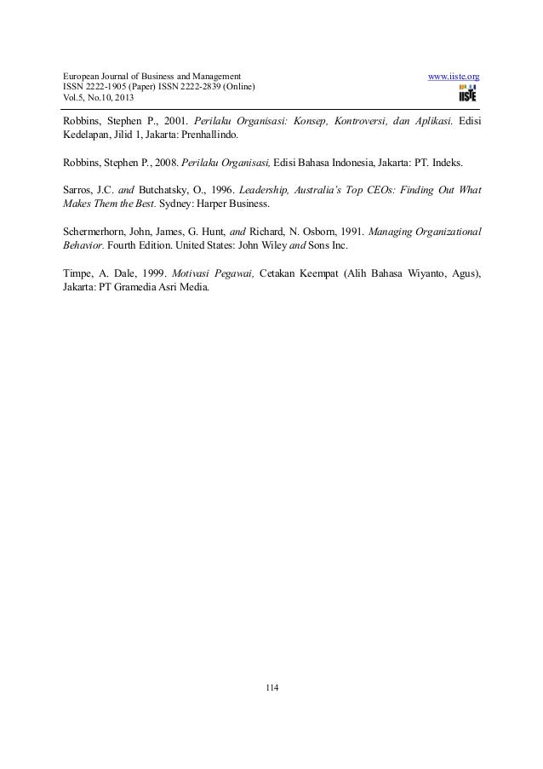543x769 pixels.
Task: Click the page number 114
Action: (271, 687)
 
